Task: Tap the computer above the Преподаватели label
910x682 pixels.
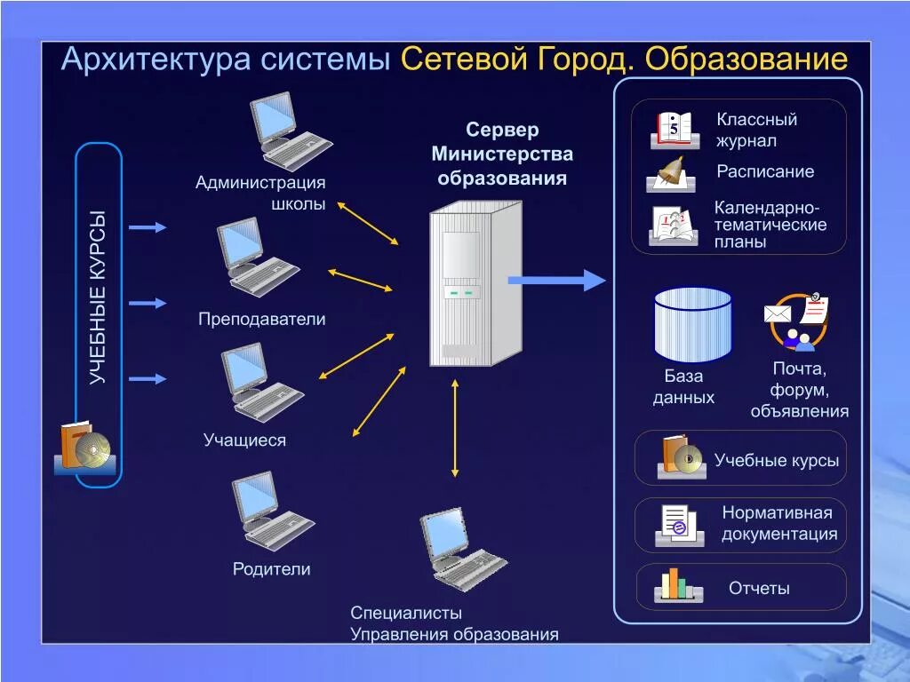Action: pos(258,258)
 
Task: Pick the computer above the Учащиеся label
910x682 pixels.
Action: pos(262,382)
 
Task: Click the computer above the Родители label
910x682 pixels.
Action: pos(271,511)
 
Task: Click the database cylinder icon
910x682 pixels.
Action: pos(692,323)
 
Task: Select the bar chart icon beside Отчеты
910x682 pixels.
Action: pos(678,586)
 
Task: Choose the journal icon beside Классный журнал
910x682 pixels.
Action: pos(674,130)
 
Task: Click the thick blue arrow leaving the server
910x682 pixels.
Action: pos(556,281)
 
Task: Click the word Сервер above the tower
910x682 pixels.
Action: pos(503,131)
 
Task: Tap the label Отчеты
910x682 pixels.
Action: pos(759,588)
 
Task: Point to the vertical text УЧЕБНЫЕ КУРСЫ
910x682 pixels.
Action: pos(97,297)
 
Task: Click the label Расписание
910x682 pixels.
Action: pos(765,171)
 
